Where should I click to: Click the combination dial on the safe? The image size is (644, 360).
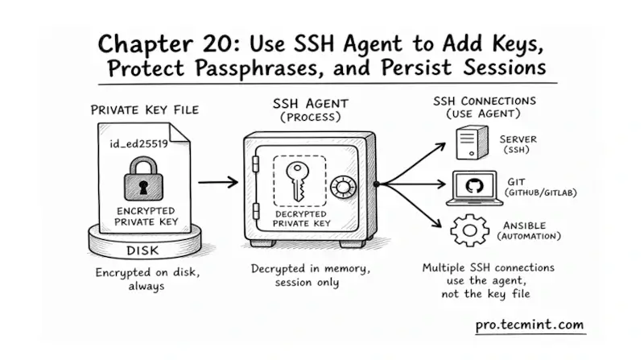pyautogui.click(x=345, y=187)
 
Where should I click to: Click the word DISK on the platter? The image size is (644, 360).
pyautogui.click(x=143, y=250)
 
